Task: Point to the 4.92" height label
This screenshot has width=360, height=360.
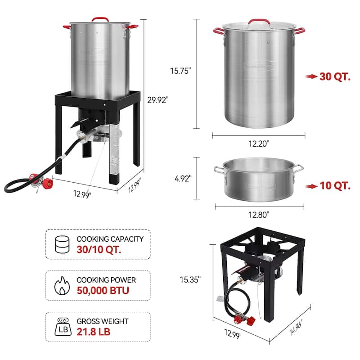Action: coord(183,178)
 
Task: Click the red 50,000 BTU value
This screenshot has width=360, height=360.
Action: coord(103,290)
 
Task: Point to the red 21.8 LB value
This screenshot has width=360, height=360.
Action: coord(93,332)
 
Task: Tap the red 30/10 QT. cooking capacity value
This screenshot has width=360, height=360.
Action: coord(99,249)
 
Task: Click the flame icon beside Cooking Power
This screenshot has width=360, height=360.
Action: coord(61,285)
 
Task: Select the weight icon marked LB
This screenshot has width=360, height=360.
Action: coord(61,326)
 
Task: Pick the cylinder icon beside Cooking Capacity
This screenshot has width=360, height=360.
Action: coord(61,244)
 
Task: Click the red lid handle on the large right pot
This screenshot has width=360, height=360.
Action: coord(258,21)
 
